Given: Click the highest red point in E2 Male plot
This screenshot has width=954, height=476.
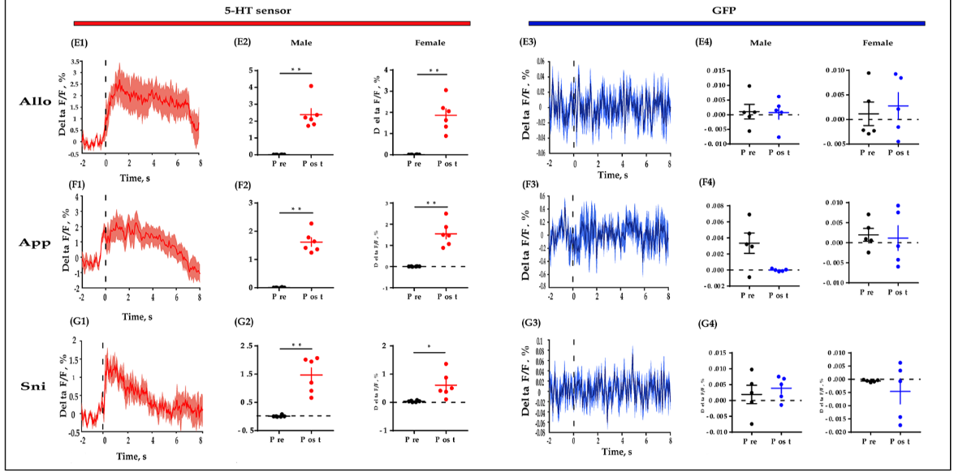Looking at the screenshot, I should coord(309,86).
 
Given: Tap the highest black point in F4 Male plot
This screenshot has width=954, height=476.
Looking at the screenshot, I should coord(749,215).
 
